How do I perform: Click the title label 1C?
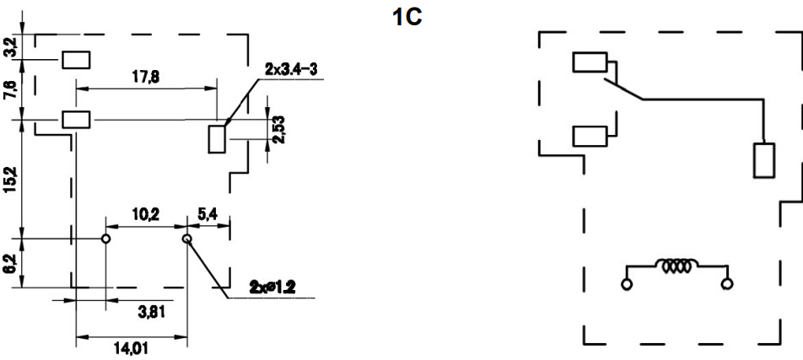pyautogui.click(x=407, y=18)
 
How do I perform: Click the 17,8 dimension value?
pyautogui.click(x=145, y=77)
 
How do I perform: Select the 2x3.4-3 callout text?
pyautogui.click(x=291, y=70)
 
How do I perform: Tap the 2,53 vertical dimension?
pyautogui.click(x=280, y=129)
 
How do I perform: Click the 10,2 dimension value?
pyautogui.click(x=145, y=214)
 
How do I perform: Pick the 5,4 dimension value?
pyautogui.click(x=207, y=214)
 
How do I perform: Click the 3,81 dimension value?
pyautogui.click(x=152, y=311)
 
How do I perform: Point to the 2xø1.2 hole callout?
pyautogui.click(x=273, y=287)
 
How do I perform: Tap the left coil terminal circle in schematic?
pyautogui.click(x=627, y=284)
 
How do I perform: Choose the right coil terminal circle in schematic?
pyautogui.click(x=727, y=284)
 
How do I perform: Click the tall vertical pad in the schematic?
pyautogui.click(x=763, y=160)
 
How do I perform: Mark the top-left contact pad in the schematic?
pyautogui.click(x=590, y=62)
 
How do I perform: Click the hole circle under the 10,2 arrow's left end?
pyautogui.click(x=105, y=239)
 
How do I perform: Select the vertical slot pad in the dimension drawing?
pyautogui.click(x=217, y=139)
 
